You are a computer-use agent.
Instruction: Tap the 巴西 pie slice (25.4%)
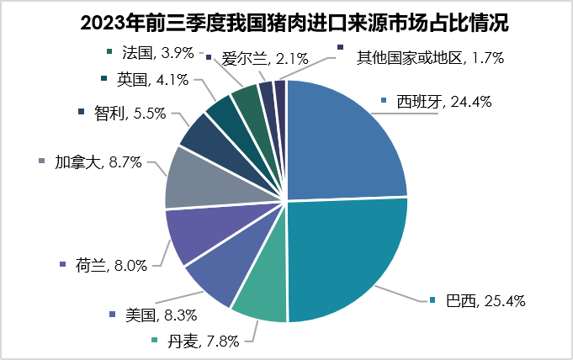345,261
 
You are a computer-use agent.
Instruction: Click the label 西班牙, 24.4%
444,103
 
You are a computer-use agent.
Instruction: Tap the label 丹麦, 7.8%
204,341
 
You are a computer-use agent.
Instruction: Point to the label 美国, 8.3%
161,315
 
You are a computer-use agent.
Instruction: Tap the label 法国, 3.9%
157,52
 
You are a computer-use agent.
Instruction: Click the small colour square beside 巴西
432,300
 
